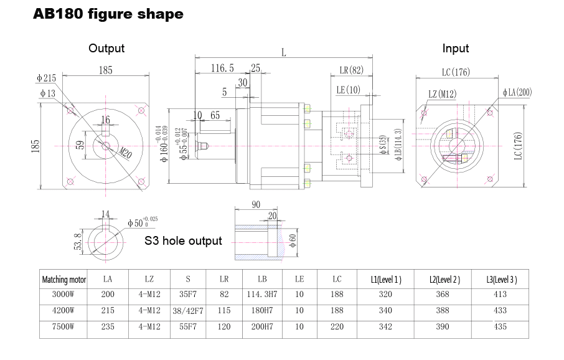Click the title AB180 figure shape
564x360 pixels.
[108, 14]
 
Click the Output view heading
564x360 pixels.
[106, 48]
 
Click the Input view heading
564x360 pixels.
[455, 48]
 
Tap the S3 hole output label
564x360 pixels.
[183, 240]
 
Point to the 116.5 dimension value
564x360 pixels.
[222, 68]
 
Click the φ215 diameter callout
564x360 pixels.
[46, 78]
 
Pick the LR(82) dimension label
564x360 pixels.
[351, 70]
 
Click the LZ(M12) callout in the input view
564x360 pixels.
[443, 94]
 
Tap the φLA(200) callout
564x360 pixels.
[517, 92]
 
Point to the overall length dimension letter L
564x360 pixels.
[284, 53]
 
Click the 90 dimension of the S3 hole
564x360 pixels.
[255, 204]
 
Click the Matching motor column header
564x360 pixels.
[63, 280]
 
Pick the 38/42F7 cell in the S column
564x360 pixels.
[187, 310]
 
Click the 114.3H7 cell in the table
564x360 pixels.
[262, 295]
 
